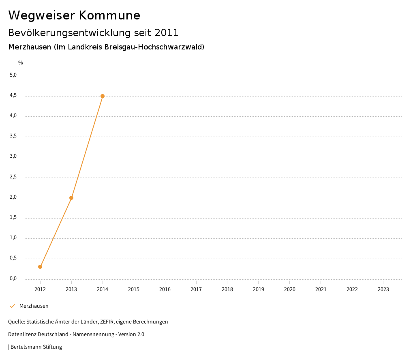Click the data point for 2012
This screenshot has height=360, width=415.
click(x=40, y=267)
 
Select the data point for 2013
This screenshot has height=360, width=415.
click(x=71, y=198)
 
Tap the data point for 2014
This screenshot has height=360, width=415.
click(x=103, y=96)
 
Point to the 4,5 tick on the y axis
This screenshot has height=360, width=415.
click(x=13, y=96)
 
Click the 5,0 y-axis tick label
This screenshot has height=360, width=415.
click(x=13, y=75)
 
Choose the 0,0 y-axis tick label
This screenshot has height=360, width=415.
click(x=13, y=279)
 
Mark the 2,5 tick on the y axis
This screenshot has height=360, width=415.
click(x=13, y=177)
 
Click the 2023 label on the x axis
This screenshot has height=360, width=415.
click(x=383, y=289)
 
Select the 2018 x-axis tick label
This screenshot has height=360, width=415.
click(x=227, y=289)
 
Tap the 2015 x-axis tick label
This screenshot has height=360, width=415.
click(x=133, y=289)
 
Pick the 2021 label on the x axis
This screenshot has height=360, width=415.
click(x=321, y=289)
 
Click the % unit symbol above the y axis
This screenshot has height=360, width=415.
click(x=21, y=63)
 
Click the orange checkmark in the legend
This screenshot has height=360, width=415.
click(x=12, y=306)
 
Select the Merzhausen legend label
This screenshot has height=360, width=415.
click(x=34, y=306)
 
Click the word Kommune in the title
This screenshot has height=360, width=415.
click(x=109, y=15)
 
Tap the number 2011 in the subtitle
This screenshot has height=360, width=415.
click(x=167, y=32)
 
